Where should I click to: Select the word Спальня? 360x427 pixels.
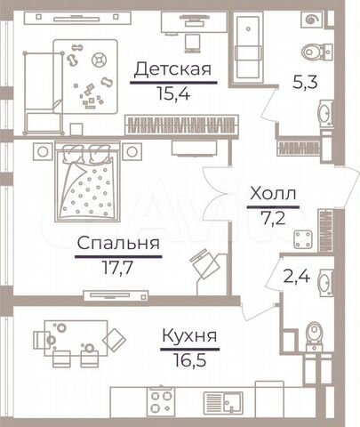[117, 242]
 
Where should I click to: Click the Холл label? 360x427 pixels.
[273, 193]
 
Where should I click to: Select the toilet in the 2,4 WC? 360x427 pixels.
[316, 331]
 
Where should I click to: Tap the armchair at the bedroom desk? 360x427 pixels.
[204, 264]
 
